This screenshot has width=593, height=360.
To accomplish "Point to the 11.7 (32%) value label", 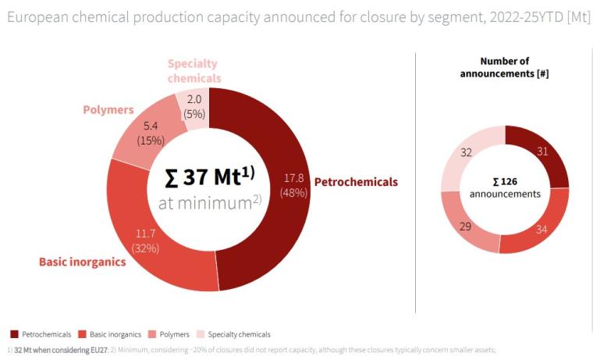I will point(145,241).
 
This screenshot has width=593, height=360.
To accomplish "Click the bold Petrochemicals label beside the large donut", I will point(356,182).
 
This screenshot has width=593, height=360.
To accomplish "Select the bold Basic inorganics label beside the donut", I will point(83,262).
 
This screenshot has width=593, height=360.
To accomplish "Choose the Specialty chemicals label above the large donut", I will point(193,71).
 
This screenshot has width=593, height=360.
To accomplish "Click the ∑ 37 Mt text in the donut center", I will point(212,176).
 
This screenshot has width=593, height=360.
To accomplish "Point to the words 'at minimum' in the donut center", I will point(206,203).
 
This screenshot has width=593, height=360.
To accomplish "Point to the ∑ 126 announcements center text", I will point(505,187).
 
